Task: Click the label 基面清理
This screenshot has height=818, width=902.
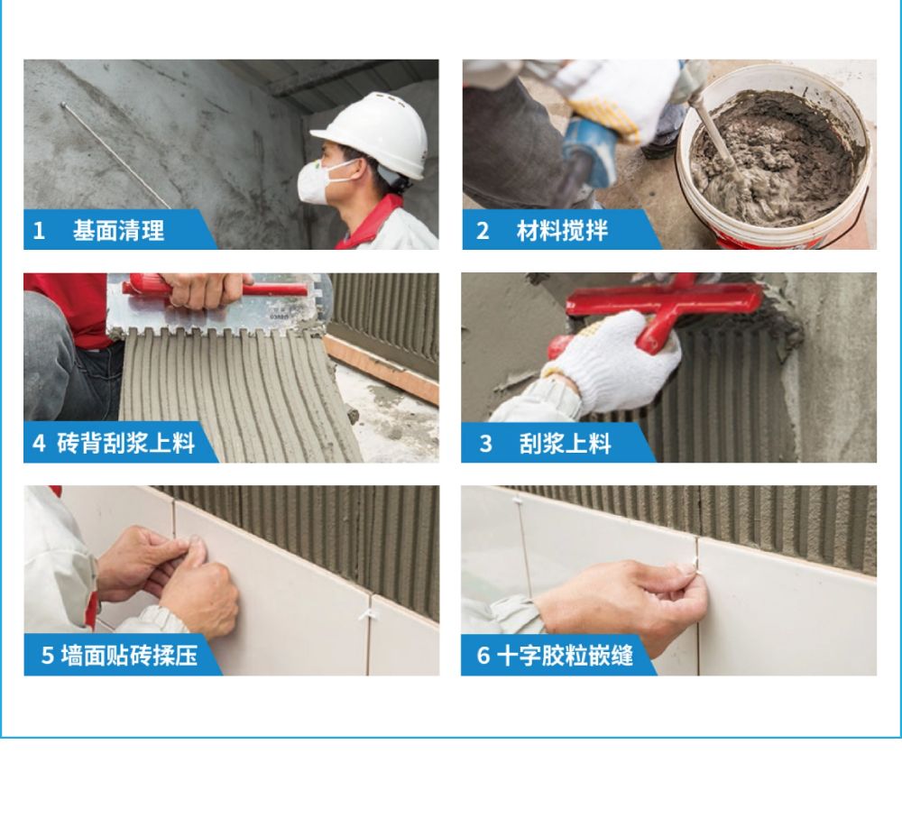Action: pos(118,231)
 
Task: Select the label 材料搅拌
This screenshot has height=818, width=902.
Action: pos(562,231)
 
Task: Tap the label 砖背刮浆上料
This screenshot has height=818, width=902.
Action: pos(126,443)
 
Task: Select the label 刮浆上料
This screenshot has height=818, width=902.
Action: pos(565,444)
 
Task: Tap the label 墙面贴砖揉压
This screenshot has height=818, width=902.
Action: pos(129,655)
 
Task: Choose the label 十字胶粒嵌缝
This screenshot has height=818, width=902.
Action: pos(565,655)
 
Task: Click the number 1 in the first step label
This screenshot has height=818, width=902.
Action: pos(39,231)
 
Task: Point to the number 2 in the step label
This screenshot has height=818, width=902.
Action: pos(483,231)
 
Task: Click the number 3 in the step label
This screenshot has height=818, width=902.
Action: pos(486,444)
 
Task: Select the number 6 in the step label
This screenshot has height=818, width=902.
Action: pos(483,655)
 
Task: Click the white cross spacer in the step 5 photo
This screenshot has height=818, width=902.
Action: pos(367,615)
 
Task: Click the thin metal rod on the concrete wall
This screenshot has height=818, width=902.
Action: pos(115,155)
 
